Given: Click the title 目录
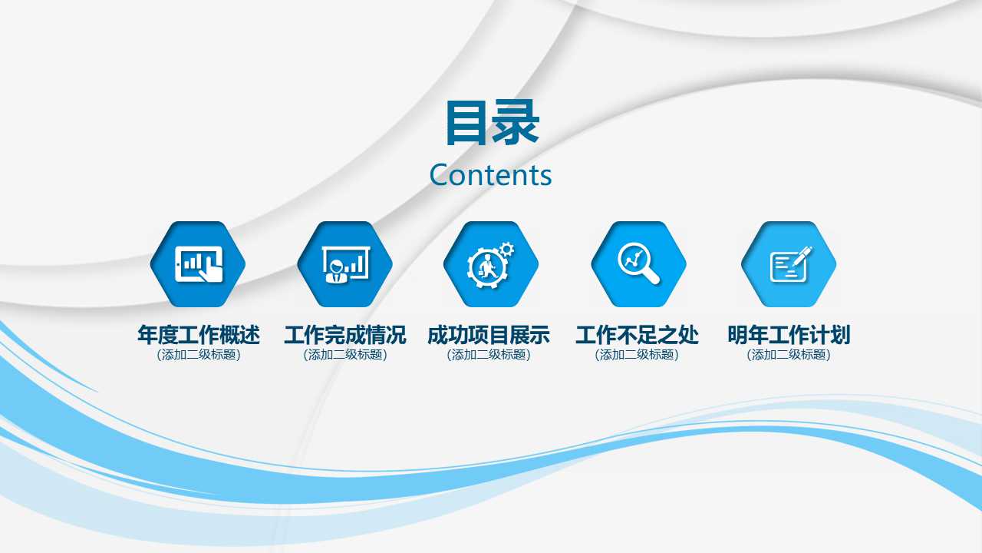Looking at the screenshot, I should click(x=492, y=123).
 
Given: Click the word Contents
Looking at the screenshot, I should click(x=490, y=175).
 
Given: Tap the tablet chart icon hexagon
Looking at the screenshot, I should click(x=198, y=264).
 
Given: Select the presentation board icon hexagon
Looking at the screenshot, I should click(x=344, y=264).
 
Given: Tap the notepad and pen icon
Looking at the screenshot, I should click(x=789, y=264).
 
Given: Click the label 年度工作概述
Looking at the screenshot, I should click(x=198, y=336).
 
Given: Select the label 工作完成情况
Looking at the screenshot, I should click(x=344, y=336).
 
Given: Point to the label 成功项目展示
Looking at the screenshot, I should click(x=489, y=336).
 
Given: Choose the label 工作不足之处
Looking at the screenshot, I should click(x=637, y=336).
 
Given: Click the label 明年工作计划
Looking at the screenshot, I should click(x=789, y=336).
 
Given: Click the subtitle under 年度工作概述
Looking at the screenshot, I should click(x=198, y=355).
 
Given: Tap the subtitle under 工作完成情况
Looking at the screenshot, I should click(x=344, y=355).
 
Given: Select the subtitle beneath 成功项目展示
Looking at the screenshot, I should click(x=489, y=355).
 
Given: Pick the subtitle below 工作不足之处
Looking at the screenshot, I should click(x=637, y=355).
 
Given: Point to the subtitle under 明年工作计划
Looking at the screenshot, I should click(x=789, y=355).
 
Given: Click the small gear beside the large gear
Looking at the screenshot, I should click(x=506, y=249).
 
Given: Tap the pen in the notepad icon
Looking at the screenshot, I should click(x=802, y=255).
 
